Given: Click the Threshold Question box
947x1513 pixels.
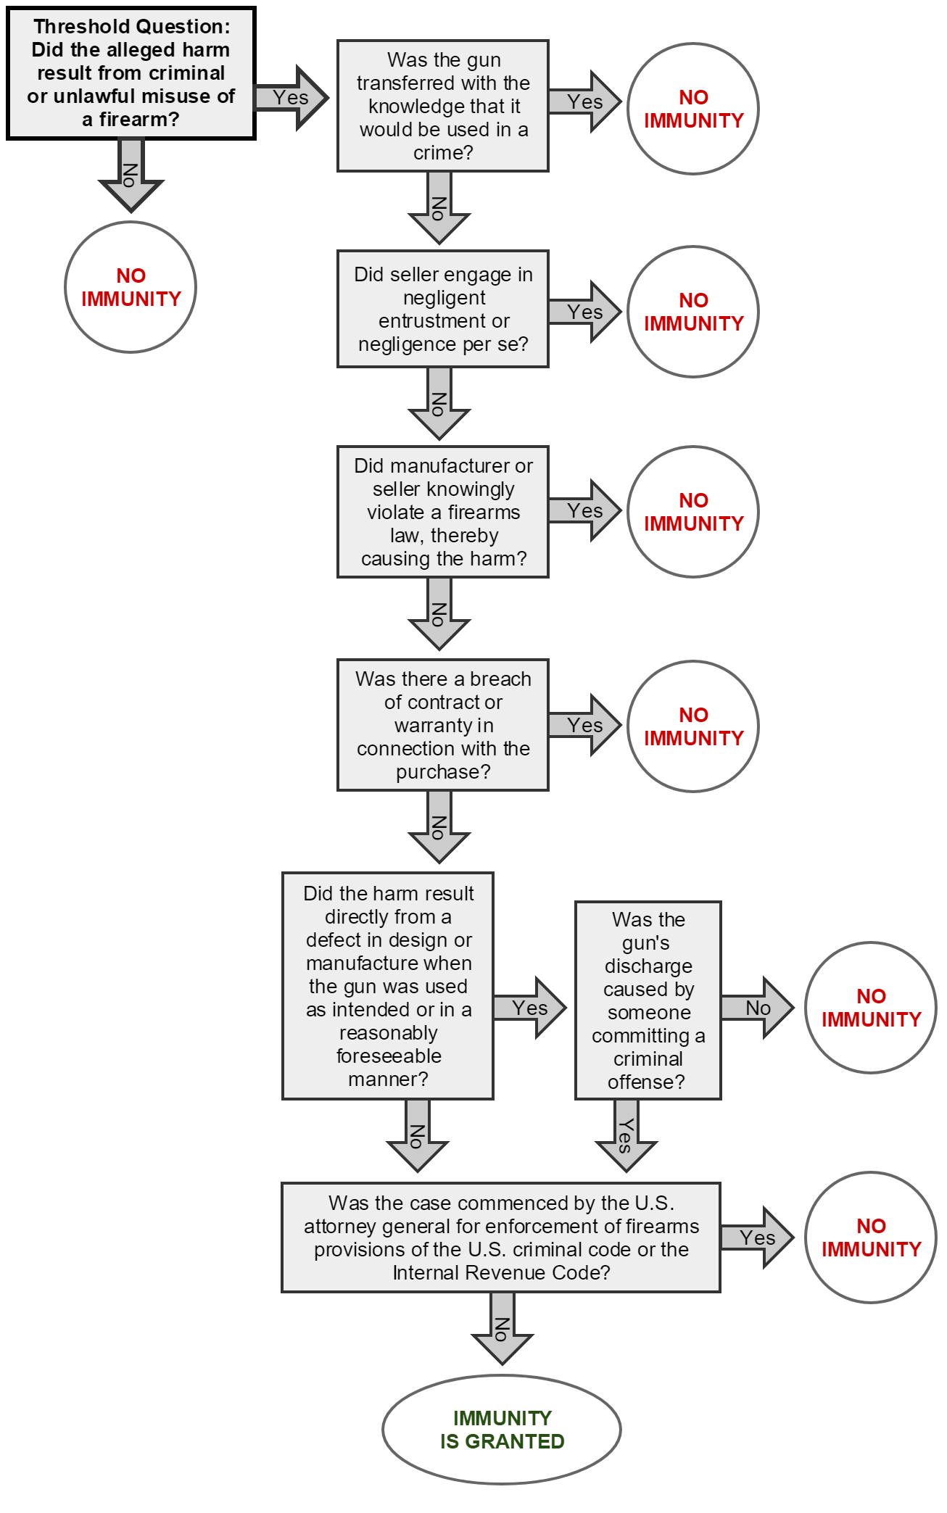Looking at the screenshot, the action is (x=131, y=73).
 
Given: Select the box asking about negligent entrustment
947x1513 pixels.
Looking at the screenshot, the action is (x=443, y=309).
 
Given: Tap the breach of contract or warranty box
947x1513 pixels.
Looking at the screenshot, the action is (x=443, y=725).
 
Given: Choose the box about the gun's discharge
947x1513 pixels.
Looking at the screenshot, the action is (x=648, y=1000).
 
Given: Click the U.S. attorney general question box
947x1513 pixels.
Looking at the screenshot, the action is (x=501, y=1238).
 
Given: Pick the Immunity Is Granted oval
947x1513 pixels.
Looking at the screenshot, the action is (x=502, y=1430).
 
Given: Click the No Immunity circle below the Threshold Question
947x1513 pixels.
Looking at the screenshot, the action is (x=131, y=287).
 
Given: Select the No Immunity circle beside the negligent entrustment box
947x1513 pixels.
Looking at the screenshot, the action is (x=693, y=312).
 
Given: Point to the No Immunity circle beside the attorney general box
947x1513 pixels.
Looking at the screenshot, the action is (x=871, y=1238).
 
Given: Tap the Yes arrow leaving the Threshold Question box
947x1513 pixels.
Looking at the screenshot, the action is (x=291, y=98).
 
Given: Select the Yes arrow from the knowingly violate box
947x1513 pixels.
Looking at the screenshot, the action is (x=584, y=510).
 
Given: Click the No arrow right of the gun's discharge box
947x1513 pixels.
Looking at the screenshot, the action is (x=757, y=1008).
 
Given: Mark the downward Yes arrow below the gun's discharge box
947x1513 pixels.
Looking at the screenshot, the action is (x=626, y=1135).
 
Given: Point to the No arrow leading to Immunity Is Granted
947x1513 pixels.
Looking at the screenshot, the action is (x=502, y=1328).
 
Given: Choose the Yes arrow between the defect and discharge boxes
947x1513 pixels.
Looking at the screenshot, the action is (x=529, y=1008).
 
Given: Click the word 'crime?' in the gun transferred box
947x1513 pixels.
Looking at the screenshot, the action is (x=443, y=153).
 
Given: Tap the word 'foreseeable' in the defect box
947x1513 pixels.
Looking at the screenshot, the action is (x=389, y=1056).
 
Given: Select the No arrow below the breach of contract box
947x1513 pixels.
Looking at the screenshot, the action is (x=439, y=826).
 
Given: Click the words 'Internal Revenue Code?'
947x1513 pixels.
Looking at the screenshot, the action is (x=501, y=1273).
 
